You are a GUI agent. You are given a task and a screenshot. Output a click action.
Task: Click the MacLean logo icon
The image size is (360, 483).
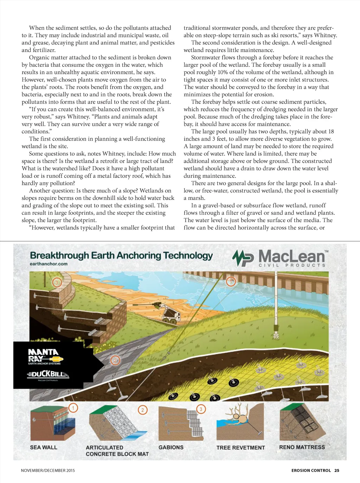click(x=243, y=258)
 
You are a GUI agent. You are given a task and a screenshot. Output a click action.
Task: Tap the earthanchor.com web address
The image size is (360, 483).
click(x=49, y=264)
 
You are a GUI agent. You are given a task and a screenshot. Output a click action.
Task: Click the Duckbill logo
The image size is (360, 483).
click(x=48, y=374)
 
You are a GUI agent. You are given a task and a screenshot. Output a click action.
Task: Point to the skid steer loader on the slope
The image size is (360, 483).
click(x=169, y=314)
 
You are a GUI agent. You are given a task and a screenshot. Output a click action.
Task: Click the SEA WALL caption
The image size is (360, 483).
click(x=44, y=447)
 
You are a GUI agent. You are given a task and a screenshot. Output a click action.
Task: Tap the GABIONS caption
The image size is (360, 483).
click(x=171, y=447)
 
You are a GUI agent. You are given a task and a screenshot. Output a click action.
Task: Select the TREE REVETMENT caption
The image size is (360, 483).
click(x=240, y=448)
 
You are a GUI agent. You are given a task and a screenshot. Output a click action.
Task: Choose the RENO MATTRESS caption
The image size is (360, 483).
click(x=302, y=447)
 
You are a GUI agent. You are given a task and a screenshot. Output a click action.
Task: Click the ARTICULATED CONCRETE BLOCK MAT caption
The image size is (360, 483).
click(x=117, y=451)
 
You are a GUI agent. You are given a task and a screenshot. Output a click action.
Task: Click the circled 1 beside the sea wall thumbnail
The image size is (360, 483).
click(x=73, y=408)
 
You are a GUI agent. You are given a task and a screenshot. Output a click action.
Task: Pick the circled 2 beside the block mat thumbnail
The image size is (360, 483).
click(x=142, y=410)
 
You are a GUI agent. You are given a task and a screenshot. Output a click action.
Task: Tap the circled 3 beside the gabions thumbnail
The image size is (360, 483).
click(x=201, y=409)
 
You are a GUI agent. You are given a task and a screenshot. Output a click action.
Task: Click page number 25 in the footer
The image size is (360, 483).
click(x=337, y=470)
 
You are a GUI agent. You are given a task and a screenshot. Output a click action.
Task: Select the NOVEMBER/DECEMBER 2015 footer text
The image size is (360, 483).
click(x=48, y=470)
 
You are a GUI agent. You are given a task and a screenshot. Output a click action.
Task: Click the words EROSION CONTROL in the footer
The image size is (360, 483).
click(x=311, y=470)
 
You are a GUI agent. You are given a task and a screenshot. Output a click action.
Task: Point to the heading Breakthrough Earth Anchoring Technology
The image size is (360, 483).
click(x=121, y=255)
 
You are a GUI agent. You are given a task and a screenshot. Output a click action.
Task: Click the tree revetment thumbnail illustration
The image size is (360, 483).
click(x=240, y=422)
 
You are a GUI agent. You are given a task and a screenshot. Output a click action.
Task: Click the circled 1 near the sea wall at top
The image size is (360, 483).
click(x=231, y=281)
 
